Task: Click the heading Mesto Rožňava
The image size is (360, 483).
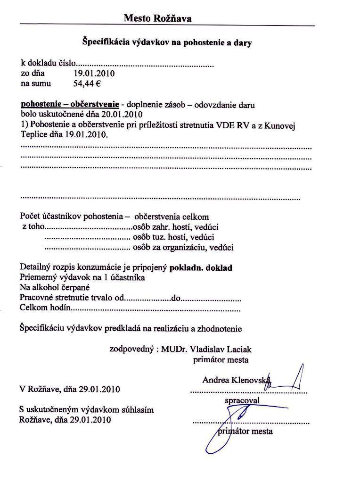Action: pyautogui.click(x=157, y=18)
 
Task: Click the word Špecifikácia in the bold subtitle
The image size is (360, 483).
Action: pyautogui.click(x=104, y=42)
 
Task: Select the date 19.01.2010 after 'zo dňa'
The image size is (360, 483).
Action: pyautogui.click(x=94, y=74)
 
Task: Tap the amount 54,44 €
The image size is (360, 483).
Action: pyautogui.click(x=88, y=84)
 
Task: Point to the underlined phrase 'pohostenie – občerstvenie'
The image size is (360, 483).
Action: pyautogui.click(x=69, y=104)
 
